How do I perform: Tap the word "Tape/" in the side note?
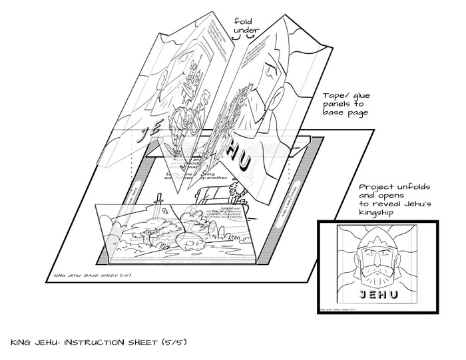click(x=336, y=96)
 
